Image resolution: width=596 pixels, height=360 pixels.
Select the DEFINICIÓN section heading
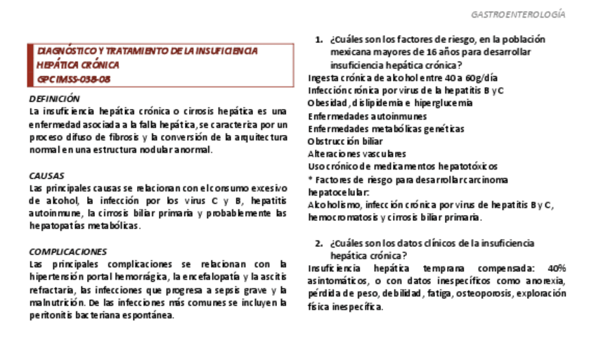click(55, 98)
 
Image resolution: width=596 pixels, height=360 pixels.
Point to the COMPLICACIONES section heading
click(67, 251)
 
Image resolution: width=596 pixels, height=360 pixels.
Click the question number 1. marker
click(318, 39)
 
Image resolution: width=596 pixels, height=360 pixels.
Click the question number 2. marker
click(318, 243)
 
